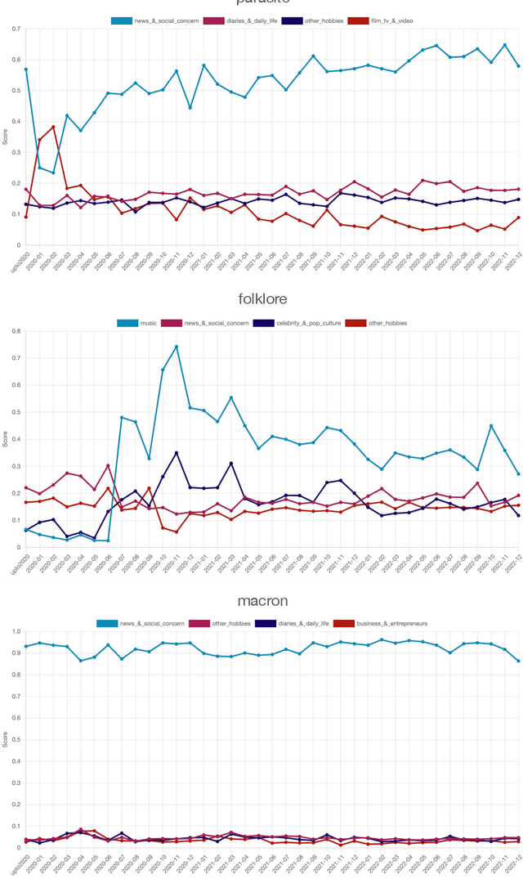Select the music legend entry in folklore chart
tap(140, 323)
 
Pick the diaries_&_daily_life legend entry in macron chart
tap(288, 623)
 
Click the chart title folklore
tap(262, 300)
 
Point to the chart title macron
tap(262, 601)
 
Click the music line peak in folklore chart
tap(177, 347)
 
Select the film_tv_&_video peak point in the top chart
tap(53, 127)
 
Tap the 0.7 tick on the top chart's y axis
tap(16, 29)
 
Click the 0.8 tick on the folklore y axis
tap(16, 331)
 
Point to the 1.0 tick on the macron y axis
tap(16, 632)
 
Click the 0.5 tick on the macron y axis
tap(16, 740)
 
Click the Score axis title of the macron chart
tap(6, 740)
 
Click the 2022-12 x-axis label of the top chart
tap(513, 258)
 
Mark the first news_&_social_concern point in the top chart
tap(26, 70)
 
